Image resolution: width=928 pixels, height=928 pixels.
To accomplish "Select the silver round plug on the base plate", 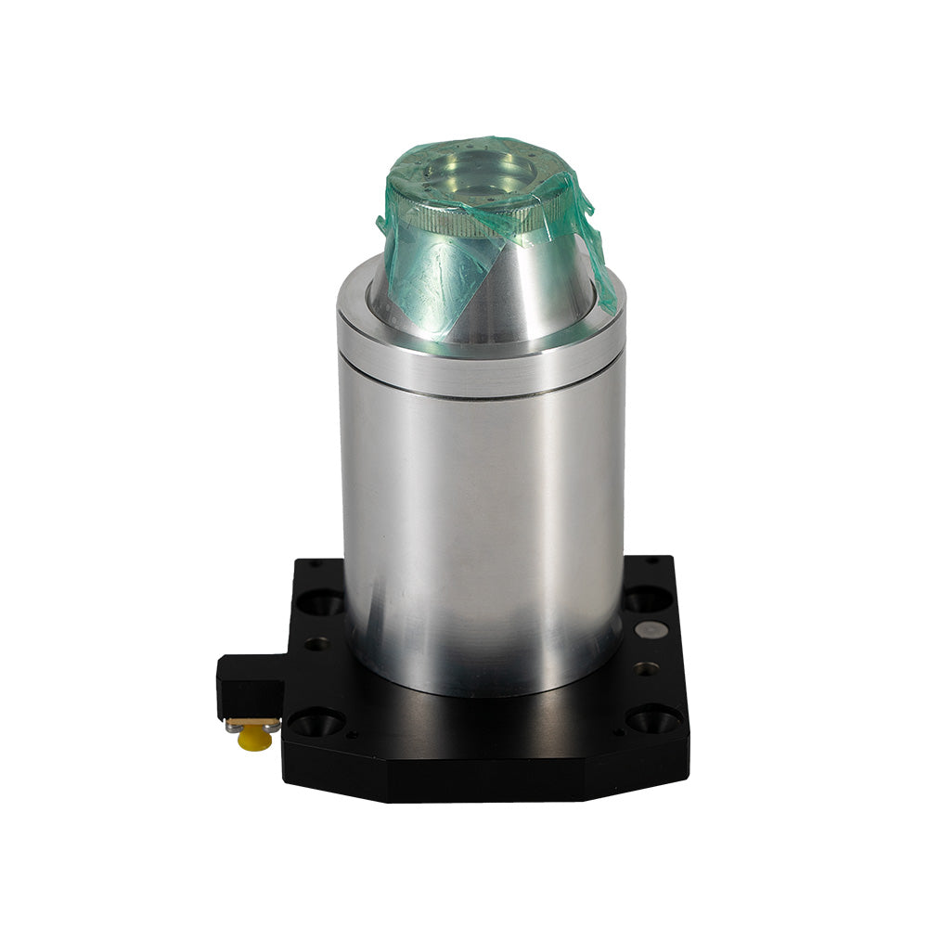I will click(x=649, y=630).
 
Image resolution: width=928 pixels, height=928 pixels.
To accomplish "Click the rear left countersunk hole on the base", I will click(x=319, y=602).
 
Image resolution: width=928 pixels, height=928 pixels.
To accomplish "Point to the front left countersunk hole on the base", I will click(x=316, y=721).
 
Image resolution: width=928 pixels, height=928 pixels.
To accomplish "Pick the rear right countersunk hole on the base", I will click(x=648, y=599).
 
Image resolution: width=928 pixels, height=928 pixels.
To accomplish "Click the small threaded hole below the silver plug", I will click(x=646, y=667).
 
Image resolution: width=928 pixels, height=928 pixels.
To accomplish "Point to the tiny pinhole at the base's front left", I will click(x=352, y=735).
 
